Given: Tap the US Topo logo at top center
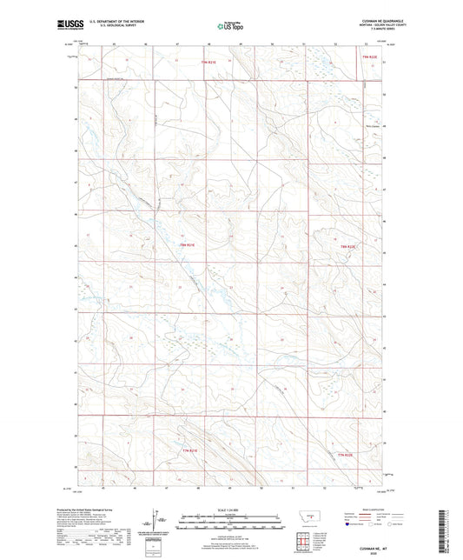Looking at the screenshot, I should click(230, 27).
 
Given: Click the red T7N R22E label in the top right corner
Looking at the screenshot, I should click(369, 57).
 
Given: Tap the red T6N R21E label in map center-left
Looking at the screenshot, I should click(188, 246).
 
